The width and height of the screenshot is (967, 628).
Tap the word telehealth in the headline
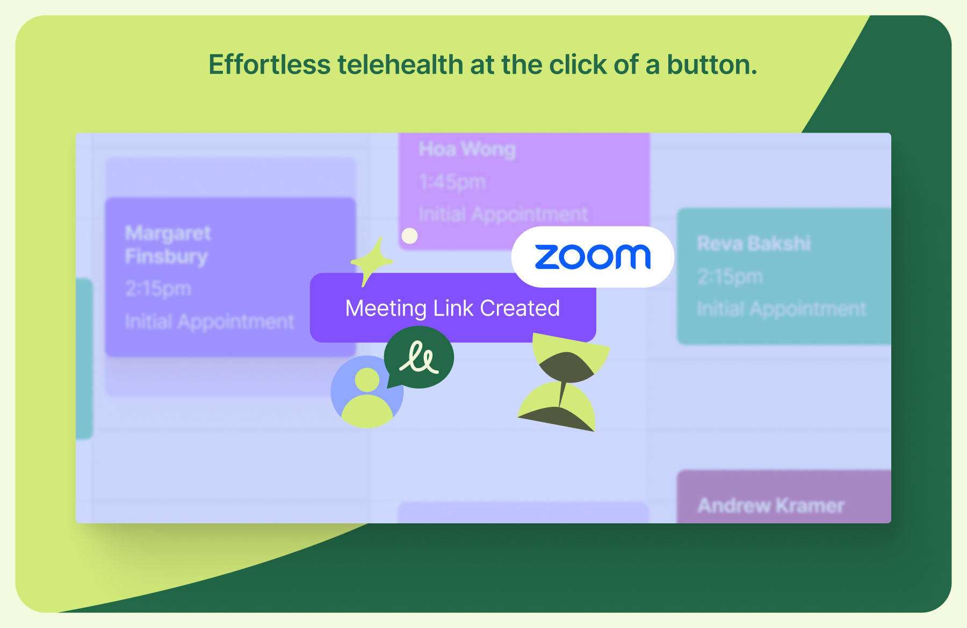point(400,64)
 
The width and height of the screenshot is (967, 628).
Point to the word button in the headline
point(712,64)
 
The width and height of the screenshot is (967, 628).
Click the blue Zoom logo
point(593,257)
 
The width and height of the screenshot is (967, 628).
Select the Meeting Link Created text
point(452,308)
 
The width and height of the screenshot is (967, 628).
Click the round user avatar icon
point(367,391)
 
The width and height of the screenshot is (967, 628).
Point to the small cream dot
point(409,236)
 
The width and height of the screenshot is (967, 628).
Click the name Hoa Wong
point(467,149)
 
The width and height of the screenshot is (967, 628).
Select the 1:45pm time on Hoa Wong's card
point(452,182)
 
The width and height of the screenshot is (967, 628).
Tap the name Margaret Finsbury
point(168,244)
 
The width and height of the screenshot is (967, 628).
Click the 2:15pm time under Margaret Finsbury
point(158,289)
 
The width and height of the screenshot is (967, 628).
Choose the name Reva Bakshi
point(753,243)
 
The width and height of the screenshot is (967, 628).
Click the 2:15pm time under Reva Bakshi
point(730,276)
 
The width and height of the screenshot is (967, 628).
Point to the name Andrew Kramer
point(771,506)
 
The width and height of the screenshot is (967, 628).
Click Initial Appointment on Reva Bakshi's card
point(781,309)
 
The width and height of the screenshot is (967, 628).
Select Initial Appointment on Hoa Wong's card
point(503,214)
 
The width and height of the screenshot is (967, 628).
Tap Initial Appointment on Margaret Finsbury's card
point(210,322)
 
